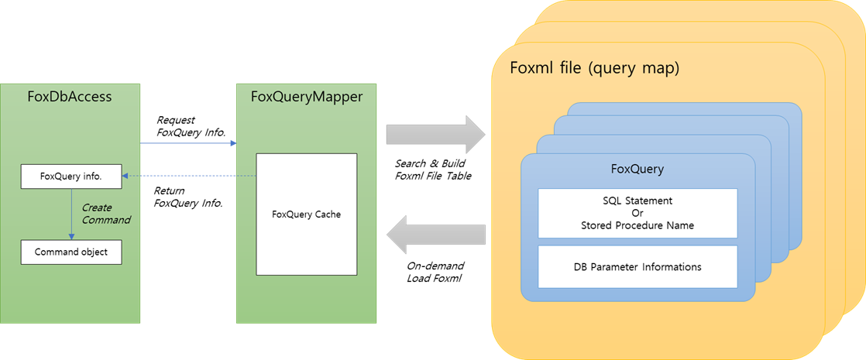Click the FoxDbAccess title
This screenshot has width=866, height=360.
70,98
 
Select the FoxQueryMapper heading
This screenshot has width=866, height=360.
307,98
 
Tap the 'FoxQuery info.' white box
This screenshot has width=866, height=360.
71,177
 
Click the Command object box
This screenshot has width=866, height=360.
71,252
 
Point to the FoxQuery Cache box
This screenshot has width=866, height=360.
307,214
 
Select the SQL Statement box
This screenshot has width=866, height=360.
637,213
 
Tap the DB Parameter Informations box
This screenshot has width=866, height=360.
637,266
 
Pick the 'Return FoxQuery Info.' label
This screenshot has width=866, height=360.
187,197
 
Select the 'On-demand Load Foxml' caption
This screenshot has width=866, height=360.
435,272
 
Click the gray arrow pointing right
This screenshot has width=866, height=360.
435,134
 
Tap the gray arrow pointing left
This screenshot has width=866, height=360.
435,235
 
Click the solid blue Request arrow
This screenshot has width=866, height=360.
187,143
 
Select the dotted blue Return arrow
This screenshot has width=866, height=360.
189,177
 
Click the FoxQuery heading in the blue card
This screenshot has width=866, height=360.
637,169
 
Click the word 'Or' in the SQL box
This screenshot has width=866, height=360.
637,213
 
